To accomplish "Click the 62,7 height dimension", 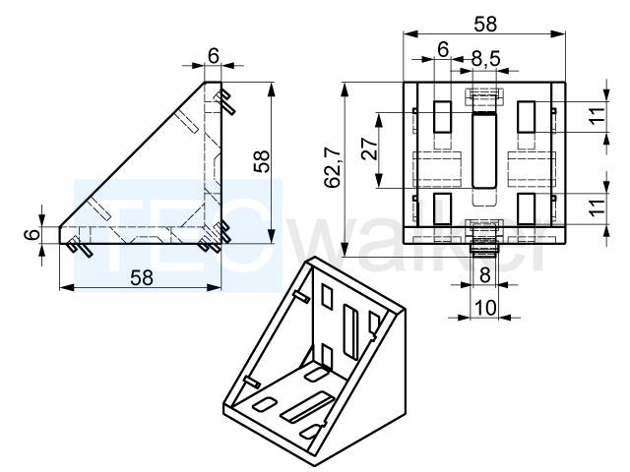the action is point(333,168).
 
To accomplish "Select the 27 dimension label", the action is point(369,148).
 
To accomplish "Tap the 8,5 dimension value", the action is point(485,59).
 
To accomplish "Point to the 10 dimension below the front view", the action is point(485,308).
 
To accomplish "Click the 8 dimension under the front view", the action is point(485,275).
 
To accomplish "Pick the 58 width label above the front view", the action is point(485,24).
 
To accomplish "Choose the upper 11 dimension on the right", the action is point(598,116).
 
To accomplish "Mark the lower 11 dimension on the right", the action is point(598,206).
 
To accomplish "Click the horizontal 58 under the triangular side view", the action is point(142,277).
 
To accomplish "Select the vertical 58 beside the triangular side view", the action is point(262,161).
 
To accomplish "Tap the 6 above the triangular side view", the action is point(214,56).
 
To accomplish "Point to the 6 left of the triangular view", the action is point(31,234).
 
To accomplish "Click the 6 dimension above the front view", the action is point(443,50).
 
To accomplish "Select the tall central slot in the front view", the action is point(484,150).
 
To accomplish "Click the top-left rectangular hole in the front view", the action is point(442,117).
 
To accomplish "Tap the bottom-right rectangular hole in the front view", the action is point(527,208).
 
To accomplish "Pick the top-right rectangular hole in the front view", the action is point(527,117).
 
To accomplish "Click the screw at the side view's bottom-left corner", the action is point(80,247).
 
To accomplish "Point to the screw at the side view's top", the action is point(224,100).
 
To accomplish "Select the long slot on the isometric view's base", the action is point(308,407).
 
